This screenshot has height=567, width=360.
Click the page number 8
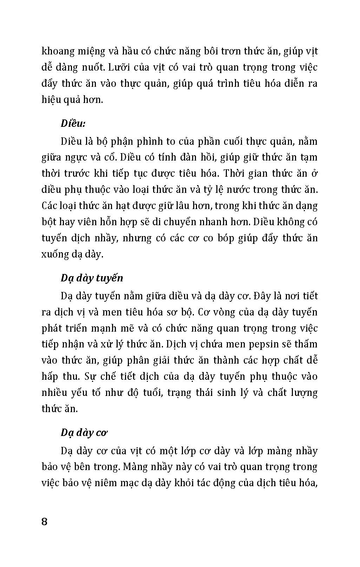[x=44, y=521]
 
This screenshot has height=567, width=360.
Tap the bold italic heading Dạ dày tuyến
[x=92, y=278]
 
